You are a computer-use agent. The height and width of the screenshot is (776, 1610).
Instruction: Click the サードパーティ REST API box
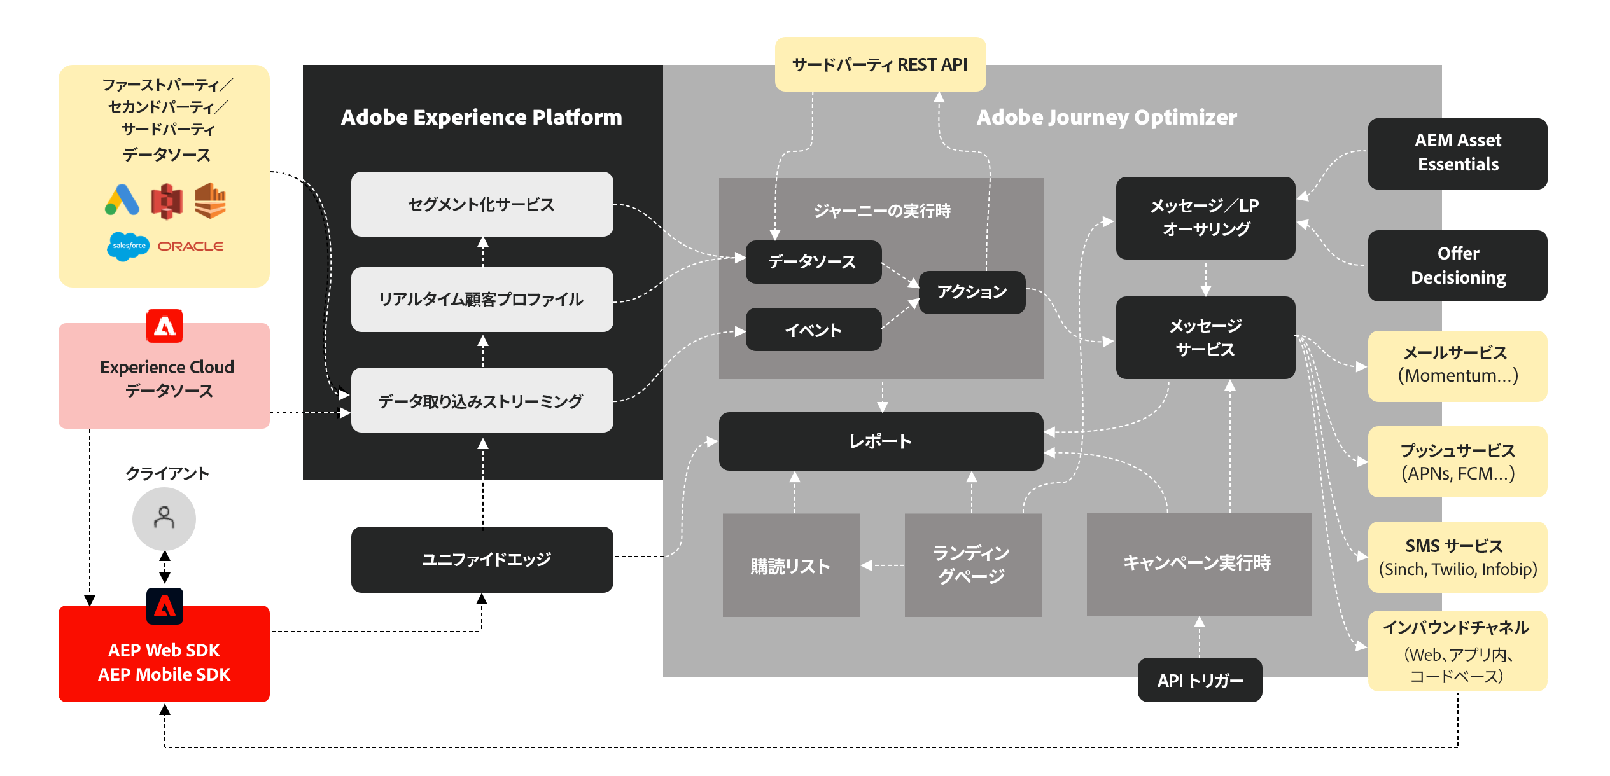click(879, 64)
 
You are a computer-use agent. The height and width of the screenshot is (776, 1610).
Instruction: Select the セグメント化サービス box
click(482, 204)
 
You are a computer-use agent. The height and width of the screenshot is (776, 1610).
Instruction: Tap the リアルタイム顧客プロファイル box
click(482, 300)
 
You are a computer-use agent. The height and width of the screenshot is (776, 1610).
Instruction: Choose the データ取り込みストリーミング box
click(482, 401)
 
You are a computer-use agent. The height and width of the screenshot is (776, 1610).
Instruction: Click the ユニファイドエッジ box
click(482, 560)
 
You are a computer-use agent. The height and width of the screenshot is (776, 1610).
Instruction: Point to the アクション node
click(972, 293)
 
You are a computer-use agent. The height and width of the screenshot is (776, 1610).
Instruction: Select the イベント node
click(813, 329)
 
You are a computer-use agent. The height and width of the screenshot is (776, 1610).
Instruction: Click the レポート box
click(881, 441)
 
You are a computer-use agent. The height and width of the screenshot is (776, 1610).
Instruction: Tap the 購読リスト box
click(791, 565)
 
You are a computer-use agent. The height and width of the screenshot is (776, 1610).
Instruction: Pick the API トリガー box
click(1200, 680)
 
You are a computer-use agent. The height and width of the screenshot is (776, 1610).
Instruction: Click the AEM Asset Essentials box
click(1457, 153)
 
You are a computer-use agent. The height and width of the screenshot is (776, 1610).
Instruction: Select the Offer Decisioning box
click(1457, 266)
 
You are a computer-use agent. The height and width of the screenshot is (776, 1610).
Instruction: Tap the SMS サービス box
click(1457, 557)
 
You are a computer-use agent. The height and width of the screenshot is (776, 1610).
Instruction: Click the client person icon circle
click(164, 519)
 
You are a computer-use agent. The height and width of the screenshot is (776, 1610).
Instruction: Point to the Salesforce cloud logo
click(129, 246)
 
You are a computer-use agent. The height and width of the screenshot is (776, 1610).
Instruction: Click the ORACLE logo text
click(190, 246)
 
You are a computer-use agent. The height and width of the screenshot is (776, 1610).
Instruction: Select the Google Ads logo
click(122, 200)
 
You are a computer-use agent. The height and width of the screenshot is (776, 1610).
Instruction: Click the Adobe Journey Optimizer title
click(1107, 118)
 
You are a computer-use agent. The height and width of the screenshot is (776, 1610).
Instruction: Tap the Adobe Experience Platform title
click(482, 118)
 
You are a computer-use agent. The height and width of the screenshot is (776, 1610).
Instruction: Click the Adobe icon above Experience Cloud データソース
click(165, 326)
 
